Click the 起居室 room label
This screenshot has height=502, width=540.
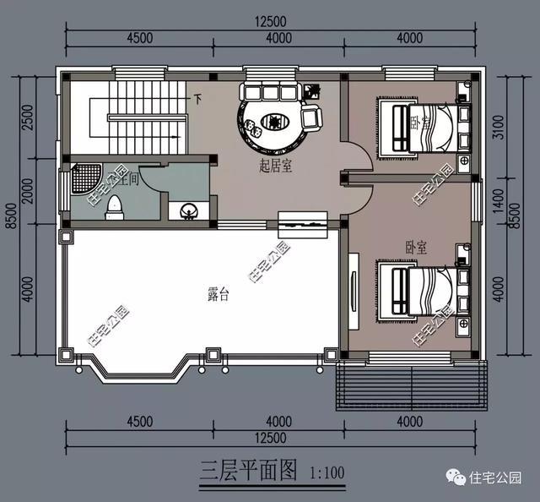pos(276,166)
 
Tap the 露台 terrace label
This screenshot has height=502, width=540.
pos(219,295)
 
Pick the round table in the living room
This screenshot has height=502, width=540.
pos(274,123)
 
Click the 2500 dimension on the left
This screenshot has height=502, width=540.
pos(28,117)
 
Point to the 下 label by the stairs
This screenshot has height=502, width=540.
pos(197,98)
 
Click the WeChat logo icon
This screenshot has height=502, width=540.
pos(456,479)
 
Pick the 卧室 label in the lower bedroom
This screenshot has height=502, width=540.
pos(415,248)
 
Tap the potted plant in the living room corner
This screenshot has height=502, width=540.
pos(313,88)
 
